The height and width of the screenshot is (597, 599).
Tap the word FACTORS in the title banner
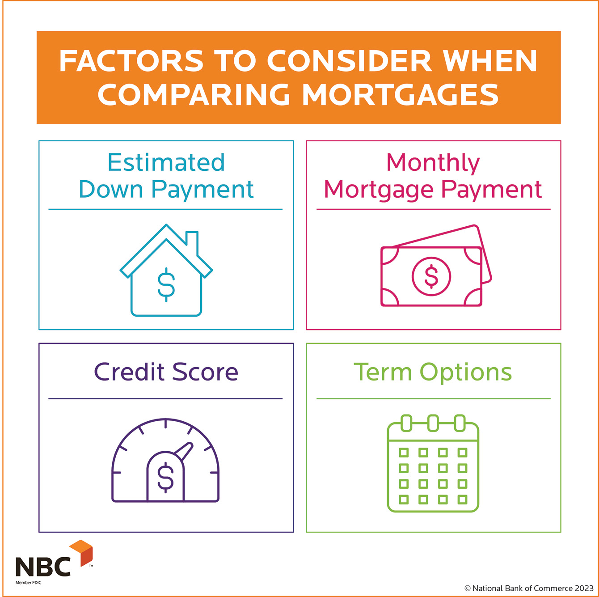[x=131, y=61]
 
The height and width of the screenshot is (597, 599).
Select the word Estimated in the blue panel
[x=166, y=162]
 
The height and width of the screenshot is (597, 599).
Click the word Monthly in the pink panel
[x=433, y=162]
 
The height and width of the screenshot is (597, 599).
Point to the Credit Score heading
[x=166, y=372]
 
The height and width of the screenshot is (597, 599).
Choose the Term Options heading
[x=433, y=372]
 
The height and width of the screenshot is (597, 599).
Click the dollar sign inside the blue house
[x=166, y=284]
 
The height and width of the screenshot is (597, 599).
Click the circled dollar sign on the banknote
[x=431, y=276]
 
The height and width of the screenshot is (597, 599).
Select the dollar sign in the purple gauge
[x=165, y=478]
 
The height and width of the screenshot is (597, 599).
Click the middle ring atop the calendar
[x=433, y=423]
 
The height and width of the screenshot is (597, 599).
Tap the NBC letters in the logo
[x=43, y=567]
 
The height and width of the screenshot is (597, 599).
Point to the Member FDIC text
[x=28, y=583]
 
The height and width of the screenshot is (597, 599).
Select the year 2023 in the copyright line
[x=584, y=589]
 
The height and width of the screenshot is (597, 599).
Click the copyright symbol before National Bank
[x=468, y=589]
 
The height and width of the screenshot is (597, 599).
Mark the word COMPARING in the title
[x=193, y=95]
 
